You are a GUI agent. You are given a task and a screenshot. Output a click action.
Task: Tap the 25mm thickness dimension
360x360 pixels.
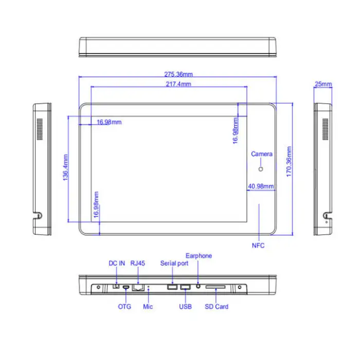click(x=323, y=84)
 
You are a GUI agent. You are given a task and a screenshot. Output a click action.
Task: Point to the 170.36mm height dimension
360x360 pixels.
click(x=290, y=162)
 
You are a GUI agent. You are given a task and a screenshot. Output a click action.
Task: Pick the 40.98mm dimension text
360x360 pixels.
click(x=261, y=186)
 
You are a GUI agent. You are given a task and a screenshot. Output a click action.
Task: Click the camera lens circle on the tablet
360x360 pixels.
click(x=261, y=169)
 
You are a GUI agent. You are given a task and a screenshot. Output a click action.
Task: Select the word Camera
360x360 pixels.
click(x=262, y=154)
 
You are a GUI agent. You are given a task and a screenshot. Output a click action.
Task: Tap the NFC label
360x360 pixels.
click(x=258, y=245)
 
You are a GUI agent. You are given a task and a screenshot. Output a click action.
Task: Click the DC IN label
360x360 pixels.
click(x=117, y=263)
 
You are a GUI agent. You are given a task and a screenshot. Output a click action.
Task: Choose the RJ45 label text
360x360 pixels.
click(x=138, y=263)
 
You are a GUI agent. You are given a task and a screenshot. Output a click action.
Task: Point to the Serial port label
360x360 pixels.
click(x=174, y=263)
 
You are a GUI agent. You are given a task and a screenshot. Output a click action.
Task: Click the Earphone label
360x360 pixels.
click(x=199, y=256)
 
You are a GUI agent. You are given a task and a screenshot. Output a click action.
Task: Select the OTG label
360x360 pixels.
click(x=124, y=307)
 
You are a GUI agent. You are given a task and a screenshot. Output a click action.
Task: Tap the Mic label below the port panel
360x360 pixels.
click(x=148, y=307)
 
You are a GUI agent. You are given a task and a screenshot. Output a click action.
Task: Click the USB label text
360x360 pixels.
click(x=185, y=307)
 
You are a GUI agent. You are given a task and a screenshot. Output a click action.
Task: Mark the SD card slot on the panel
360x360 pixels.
click(x=215, y=286)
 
